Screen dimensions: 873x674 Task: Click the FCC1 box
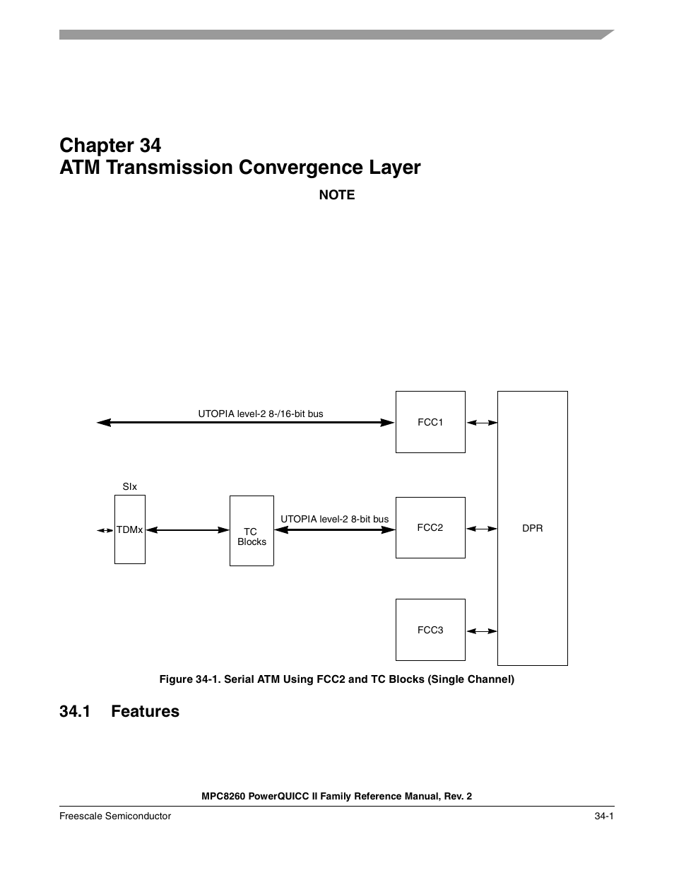tap(430, 422)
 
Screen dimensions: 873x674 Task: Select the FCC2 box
tap(430, 527)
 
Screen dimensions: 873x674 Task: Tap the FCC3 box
tap(430, 630)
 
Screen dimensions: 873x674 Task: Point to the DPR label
tap(532, 528)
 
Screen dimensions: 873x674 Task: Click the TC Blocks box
tap(252, 532)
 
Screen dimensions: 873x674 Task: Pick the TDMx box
tap(130, 529)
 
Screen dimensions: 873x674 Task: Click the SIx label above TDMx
tap(130, 487)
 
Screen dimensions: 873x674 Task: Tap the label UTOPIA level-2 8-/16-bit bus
tap(261, 414)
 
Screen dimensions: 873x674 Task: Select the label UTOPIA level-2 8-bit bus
tap(334, 519)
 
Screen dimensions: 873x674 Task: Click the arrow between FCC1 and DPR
tap(482, 423)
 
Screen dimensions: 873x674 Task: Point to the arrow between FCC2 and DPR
tap(482, 529)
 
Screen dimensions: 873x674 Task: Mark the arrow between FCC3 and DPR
tap(482, 631)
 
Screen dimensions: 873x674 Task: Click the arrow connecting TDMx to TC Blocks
tap(187, 529)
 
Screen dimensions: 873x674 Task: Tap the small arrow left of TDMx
tap(105, 530)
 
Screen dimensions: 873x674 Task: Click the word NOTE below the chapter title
tap(337, 195)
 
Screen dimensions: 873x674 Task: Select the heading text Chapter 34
tap(110, 145)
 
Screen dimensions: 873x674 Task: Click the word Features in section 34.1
tap(145, 711)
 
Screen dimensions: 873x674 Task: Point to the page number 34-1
tap(603, 816)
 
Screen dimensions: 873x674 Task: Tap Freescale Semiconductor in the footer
tap(115, 816)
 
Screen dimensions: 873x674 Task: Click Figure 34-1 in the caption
tap(186, 679)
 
